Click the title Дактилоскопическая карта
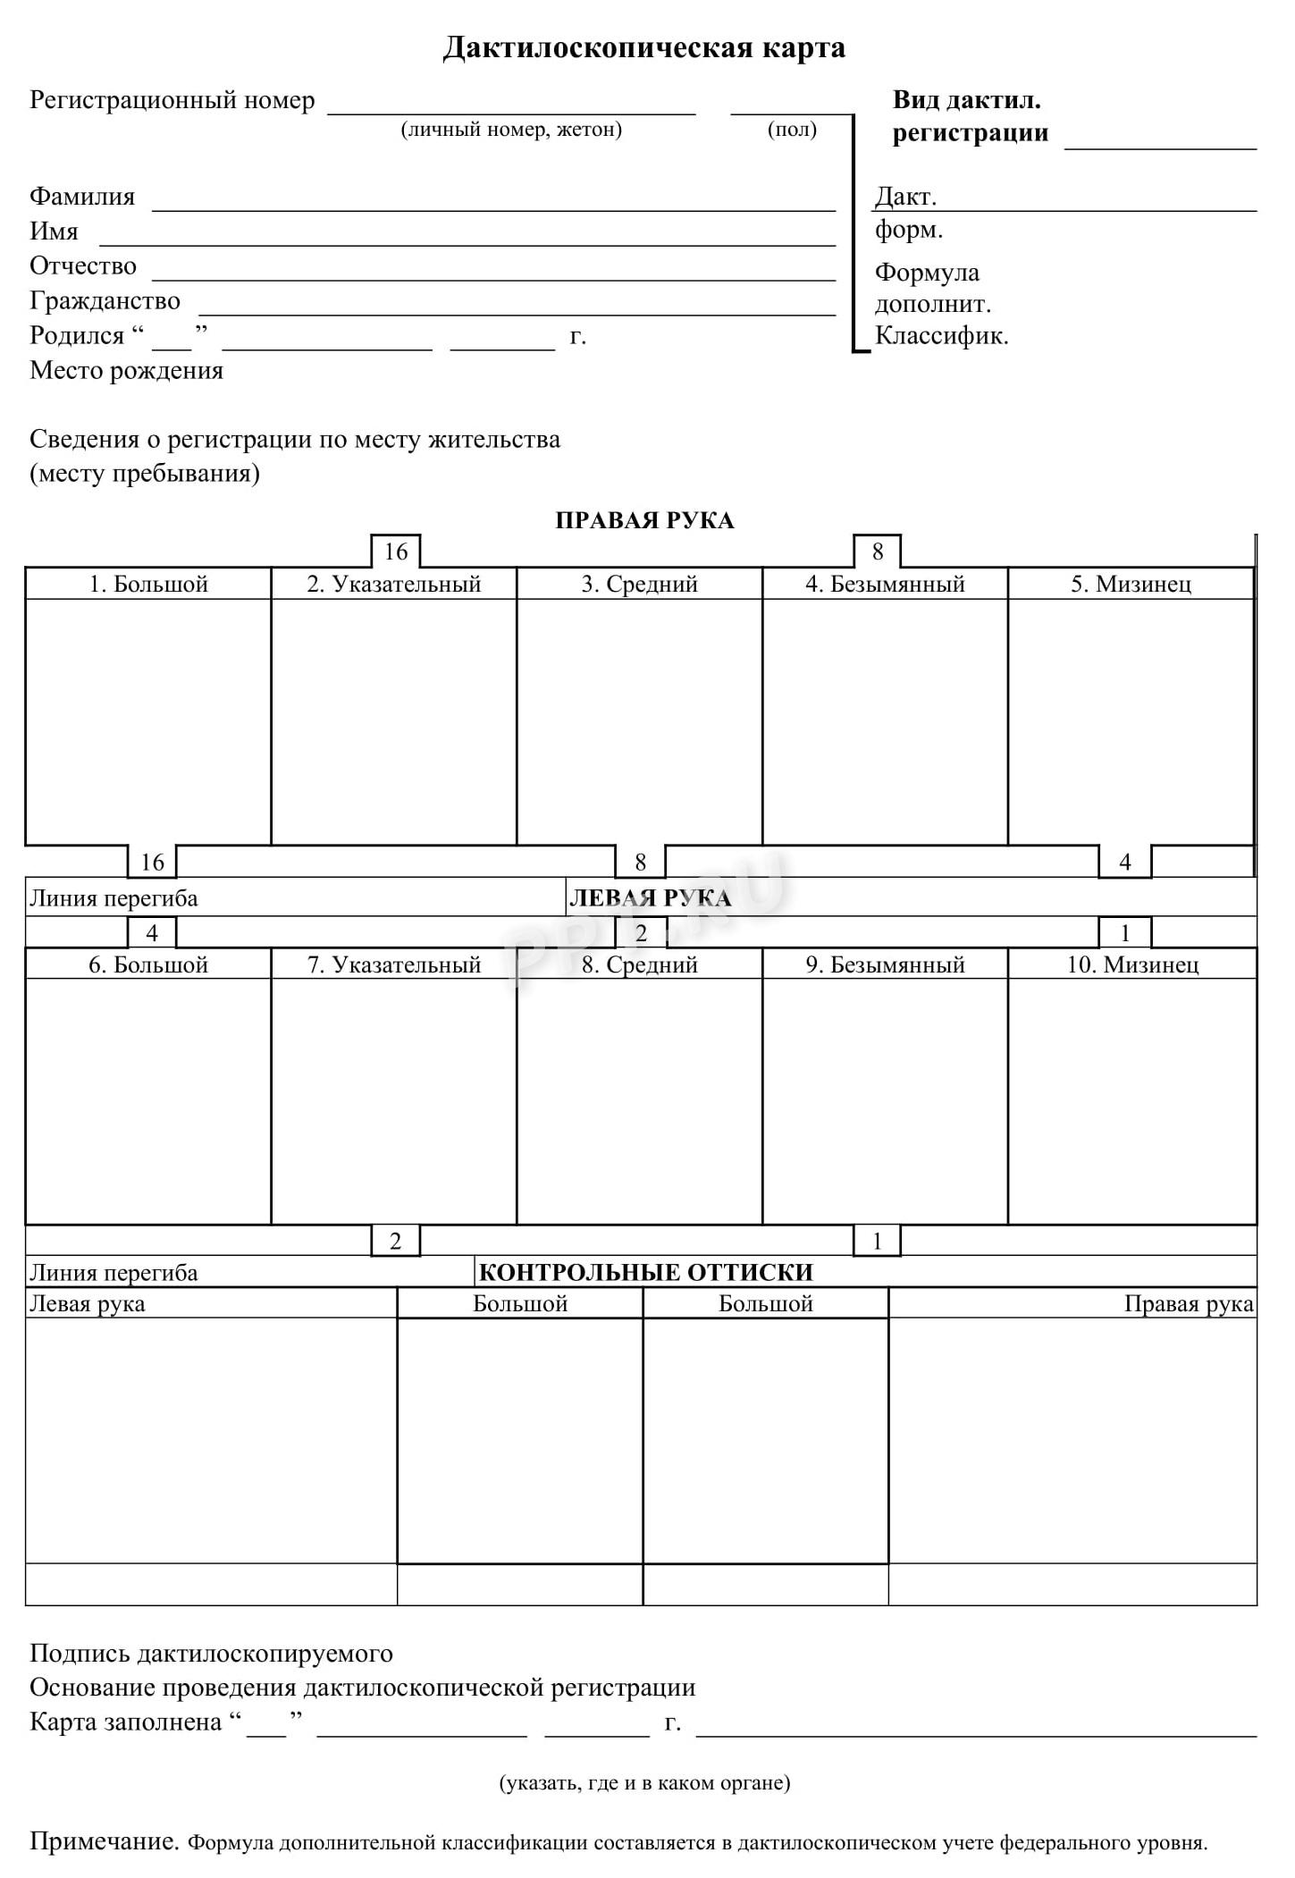point(643,47)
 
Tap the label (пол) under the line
point(792,130)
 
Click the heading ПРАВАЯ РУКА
point(644,521)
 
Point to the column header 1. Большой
point(148,585)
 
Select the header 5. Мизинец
point(1131,585)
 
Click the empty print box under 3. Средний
point(639,720)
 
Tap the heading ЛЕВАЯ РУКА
point(650,898)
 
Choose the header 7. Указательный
point(394,965)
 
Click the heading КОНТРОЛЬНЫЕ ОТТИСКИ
point(646,1273)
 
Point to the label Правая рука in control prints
point(1188,1304)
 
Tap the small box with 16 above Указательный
point(395,552)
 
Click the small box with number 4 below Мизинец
point(1124,863)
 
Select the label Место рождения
point(126,371)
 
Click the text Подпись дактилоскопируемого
point(211,1655)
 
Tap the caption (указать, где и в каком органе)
point(644,1783)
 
